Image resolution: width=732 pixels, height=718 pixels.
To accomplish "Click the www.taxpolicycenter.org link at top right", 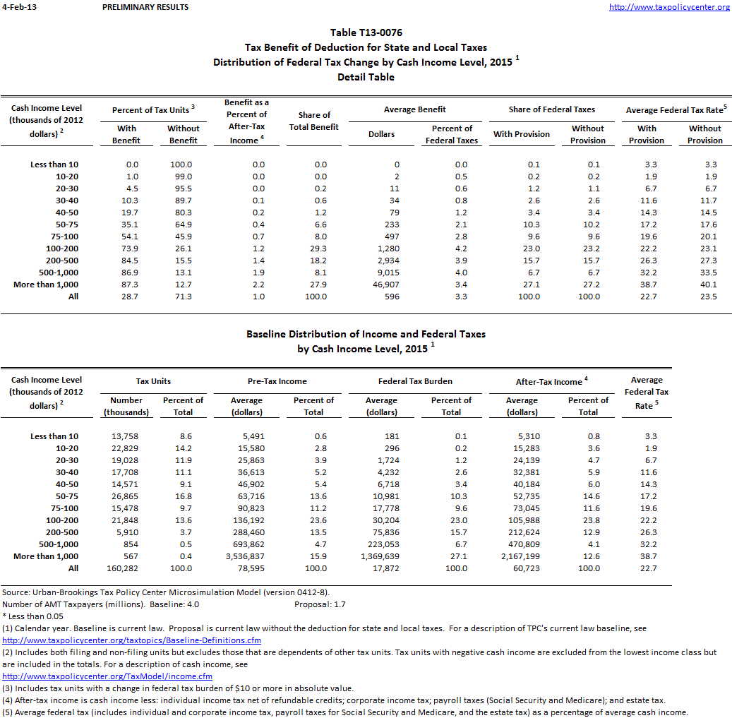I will (x=668, y=7).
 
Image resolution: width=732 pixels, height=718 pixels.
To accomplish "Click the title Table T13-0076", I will (x=366, y=32).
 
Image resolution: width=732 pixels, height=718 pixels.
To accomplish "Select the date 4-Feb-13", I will (x=19, y=7).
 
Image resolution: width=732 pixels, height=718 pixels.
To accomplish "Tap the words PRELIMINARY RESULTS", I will (x=145, y=7).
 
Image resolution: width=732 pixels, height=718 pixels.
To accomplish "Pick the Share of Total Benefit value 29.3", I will (x=315, y=249).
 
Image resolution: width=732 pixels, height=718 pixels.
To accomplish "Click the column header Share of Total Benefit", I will (x=314, y=121).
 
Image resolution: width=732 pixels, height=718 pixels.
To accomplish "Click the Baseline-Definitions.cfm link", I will (x=132, y=640).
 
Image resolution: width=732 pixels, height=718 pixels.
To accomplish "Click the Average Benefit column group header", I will (x=415, y=109).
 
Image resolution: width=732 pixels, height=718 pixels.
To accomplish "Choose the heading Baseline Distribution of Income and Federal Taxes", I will (x=366, y=334).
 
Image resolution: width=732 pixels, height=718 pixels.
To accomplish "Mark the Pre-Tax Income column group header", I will (x=277, y=381).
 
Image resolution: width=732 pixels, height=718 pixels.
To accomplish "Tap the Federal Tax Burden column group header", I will (x=415, y=381).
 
